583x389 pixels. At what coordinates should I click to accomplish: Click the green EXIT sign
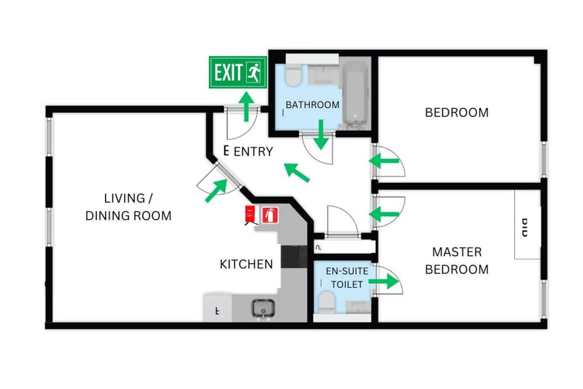[x=237, y=72]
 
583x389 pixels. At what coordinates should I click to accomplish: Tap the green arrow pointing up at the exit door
[x=246, y=106]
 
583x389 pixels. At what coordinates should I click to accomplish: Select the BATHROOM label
[x=312, y=105]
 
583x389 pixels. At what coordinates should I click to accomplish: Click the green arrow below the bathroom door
[x=321, y=136]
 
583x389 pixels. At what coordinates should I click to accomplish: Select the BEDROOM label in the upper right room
[x=456, y=112]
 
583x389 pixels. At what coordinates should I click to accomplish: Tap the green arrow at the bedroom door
[x=384, y=161]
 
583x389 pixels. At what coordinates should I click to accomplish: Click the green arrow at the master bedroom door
[x=384, y=214]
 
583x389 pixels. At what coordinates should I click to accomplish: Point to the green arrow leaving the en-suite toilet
[x=384, y=281]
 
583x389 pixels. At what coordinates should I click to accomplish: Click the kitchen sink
[x=264, y=308]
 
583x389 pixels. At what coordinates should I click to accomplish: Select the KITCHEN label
[x=246, y=264]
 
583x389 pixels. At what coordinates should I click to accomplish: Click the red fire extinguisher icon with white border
[x=270, y=215]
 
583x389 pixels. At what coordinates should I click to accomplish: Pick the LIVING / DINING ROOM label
[x=128, y=207]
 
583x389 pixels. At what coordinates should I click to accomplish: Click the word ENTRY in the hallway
[x=253, y=152]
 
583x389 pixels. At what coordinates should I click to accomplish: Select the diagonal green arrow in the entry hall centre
[x=298, y=172]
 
